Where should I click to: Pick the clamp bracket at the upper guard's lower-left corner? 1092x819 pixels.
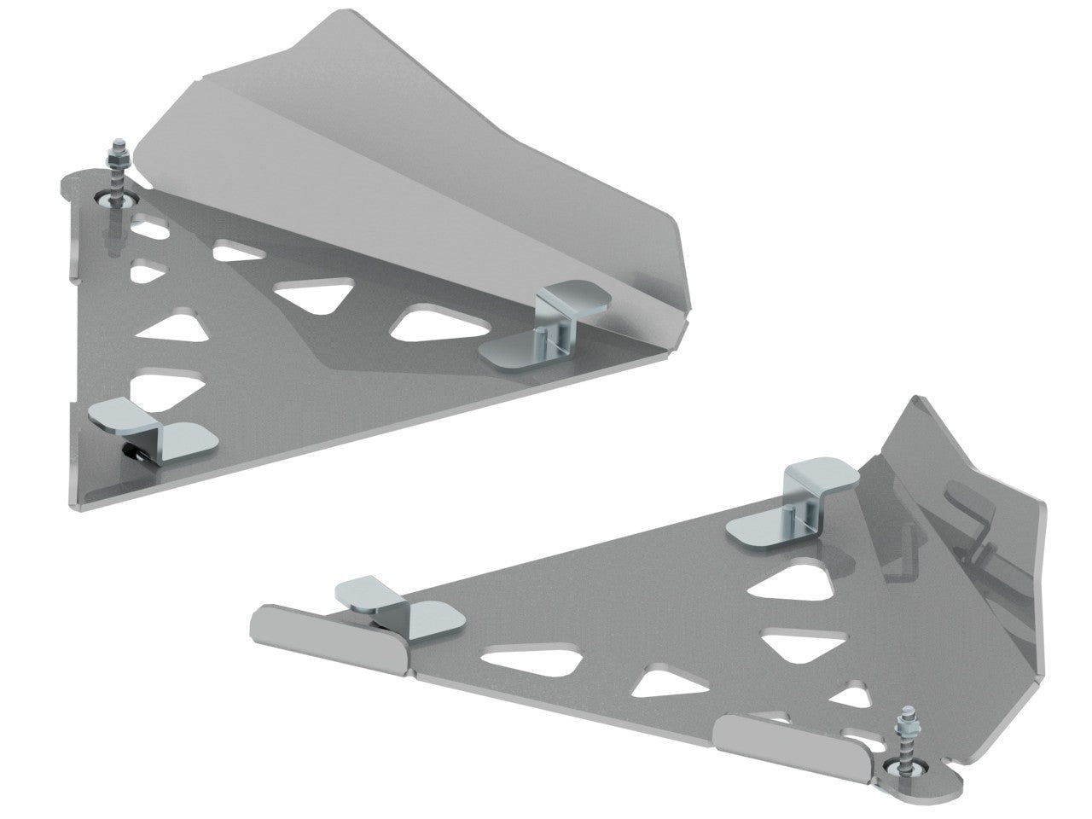(154, 427)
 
